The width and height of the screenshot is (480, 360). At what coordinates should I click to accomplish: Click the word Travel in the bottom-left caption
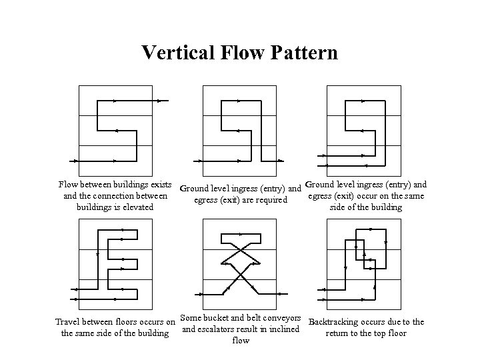[x=67, y=323]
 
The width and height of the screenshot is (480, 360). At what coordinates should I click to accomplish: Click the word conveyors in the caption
[x=283, y=318]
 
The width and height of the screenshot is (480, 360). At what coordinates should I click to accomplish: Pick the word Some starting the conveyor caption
[x=191, y=318]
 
